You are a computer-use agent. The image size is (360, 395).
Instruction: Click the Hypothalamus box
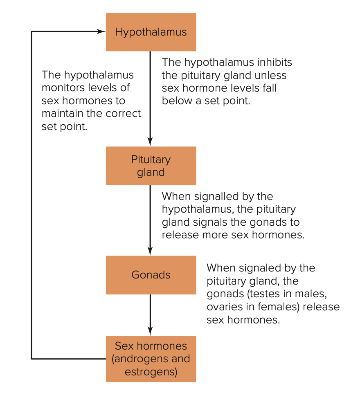[x=151, y=32]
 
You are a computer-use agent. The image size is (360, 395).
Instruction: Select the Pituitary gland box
[x=151, y=166]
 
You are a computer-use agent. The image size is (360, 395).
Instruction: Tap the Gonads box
[x=151, y=275]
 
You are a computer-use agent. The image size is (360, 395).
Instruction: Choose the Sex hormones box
[x=151, y=359]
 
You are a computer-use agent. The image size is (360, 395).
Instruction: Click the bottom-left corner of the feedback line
[x=32, y=359]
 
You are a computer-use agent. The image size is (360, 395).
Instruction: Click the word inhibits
[x=274, y=63]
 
